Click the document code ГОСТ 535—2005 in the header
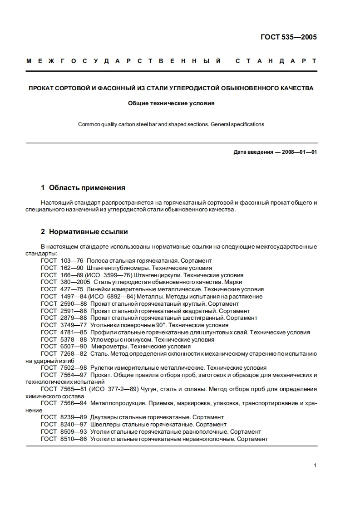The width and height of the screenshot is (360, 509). (x=288, y=37)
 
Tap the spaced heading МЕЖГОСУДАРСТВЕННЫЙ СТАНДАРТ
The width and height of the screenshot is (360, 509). (x=171, y=61)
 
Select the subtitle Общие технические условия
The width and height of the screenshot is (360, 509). (x=171, y=103)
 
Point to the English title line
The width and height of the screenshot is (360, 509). (x=171, y=124)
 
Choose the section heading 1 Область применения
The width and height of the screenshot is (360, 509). (x=83, y=187)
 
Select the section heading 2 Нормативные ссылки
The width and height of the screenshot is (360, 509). (x=84, y=232)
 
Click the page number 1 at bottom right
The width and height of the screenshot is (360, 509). (x=315, y=465)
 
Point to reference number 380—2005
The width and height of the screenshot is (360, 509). (x=75, y=282)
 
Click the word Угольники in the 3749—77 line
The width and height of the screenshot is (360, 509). (x=103, y=325)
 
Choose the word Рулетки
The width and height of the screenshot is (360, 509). (x=102, y=368)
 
